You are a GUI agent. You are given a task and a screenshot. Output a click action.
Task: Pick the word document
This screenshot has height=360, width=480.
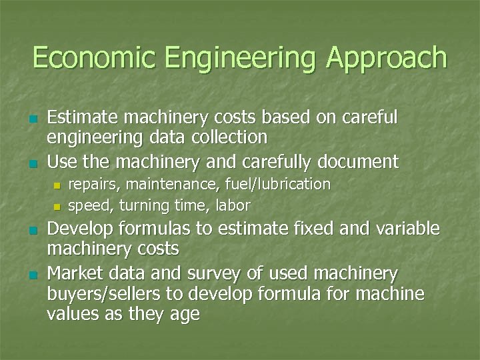tap(358, 161)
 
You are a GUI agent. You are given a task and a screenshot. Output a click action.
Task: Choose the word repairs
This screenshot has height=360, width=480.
tap(92, 184)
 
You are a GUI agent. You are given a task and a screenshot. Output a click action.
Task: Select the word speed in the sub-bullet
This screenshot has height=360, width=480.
tap(89, 205)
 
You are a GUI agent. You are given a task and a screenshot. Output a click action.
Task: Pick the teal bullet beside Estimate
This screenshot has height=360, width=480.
tap(32, 119)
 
